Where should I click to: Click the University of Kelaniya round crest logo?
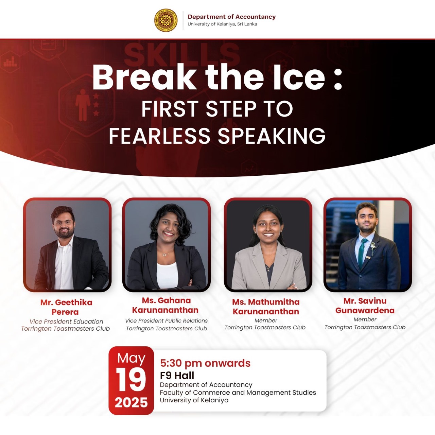(166, 20)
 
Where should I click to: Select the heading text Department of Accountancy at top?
(232, 17)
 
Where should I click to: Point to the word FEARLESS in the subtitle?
(160, 136)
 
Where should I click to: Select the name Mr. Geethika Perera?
(66, 307)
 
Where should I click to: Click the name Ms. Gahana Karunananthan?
(165, 305)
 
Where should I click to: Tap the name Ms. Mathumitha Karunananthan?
(266, 307)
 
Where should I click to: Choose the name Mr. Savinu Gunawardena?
(365, 306)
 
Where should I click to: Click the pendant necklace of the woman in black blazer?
(165, 255)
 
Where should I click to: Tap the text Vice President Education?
(66, 321)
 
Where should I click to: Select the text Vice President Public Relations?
(167, 321)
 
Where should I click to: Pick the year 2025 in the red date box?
(131, 403)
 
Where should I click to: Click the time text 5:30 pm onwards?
(205, 363)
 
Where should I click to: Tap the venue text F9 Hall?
(177, 376)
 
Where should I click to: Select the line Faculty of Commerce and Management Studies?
(238, 393)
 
